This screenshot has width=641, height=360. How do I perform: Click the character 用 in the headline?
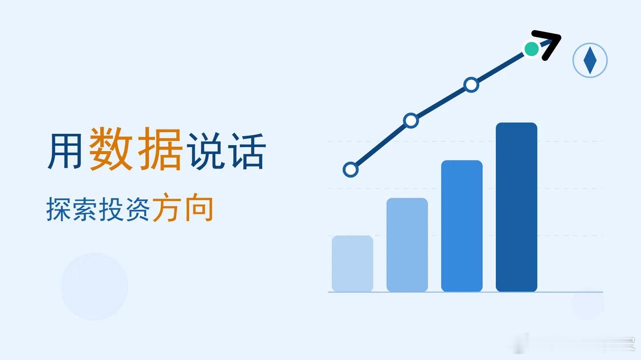pyautogui.click(x=66, y=151)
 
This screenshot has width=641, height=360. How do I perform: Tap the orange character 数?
pyautogui.click(x=111, y=149)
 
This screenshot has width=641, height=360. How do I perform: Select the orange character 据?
pyautogui.click(x=161, y=149)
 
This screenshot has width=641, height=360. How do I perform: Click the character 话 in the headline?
pyautogui.click(x=248, y=151)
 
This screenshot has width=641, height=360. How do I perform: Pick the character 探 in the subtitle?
pyautogui.click(x=59, y=209)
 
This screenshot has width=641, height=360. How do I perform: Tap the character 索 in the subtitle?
pyautogui.click(x=85, y=209)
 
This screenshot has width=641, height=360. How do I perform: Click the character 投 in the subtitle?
pyautogui.click(x=111, y=209)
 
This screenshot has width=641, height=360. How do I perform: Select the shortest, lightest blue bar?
pyautogui.click(x=353, y=263)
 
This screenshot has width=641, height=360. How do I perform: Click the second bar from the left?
pyautogui.click(x=407, y=245)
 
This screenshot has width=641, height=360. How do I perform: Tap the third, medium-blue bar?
pyautogui.click(x=462, y=226)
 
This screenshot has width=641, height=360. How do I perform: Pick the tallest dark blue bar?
pyautogui.click(x=516, y=207)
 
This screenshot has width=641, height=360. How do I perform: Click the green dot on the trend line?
pyautogui.click(x=532, y=49)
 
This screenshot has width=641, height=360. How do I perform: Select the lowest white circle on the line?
pyautogui.click(x=351, y=170)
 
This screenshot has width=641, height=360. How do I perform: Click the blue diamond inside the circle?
pyautogui.click(x=590, y=61)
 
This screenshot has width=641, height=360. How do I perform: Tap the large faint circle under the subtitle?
pyautogui.click(x=94, y=286)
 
